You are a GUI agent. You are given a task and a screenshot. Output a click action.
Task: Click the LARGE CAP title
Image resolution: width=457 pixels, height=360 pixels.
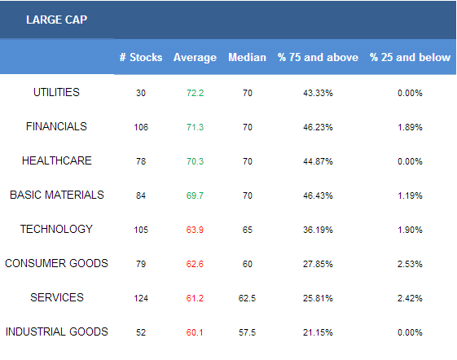coord(56,20)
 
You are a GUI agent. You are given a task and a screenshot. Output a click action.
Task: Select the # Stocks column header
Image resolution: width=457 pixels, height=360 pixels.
coord(141,57)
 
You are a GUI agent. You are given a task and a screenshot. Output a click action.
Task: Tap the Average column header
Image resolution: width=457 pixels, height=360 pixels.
coord(195,58)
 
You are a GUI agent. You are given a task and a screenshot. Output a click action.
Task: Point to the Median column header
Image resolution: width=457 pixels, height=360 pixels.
coord(247,57)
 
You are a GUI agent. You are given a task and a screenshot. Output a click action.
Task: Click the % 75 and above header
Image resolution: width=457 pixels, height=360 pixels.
coord(318,57)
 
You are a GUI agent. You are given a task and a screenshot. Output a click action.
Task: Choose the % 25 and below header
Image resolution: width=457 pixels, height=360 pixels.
coord(410,57)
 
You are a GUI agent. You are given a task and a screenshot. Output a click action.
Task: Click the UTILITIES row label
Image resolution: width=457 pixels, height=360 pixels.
coord(56,92)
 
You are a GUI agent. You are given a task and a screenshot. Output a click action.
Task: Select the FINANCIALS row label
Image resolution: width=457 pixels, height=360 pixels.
coord(56,126)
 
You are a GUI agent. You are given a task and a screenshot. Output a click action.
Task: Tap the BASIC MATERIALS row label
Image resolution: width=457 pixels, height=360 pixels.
coord(57,195)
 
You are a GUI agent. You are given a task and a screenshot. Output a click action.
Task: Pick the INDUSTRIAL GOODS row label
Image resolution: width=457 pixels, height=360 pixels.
coord(57,331)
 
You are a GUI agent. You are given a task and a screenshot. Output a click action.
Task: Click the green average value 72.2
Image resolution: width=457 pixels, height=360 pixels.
coord(195,93)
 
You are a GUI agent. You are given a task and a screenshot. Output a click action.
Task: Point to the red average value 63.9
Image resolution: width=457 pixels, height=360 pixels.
coord(195,230)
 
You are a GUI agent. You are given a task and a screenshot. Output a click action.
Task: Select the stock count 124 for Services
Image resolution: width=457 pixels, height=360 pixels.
coord(141,298)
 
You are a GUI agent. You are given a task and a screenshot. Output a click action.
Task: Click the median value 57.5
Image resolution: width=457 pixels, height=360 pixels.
coord(247,332)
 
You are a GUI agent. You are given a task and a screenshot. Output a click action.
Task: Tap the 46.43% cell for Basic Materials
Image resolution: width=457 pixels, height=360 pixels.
coord(318,195)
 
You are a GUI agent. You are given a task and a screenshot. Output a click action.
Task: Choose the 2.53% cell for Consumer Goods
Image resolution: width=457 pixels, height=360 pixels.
coord(410,264)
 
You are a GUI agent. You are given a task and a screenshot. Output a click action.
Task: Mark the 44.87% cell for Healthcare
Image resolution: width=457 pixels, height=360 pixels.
coord(318,161)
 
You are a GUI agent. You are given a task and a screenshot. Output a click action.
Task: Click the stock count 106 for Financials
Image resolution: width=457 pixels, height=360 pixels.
coord(141,127)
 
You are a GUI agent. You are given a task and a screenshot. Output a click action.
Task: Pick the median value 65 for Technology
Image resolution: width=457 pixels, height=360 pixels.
coord(247,230)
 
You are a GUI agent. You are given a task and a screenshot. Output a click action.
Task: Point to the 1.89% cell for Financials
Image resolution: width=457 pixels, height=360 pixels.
coord(410,127)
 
